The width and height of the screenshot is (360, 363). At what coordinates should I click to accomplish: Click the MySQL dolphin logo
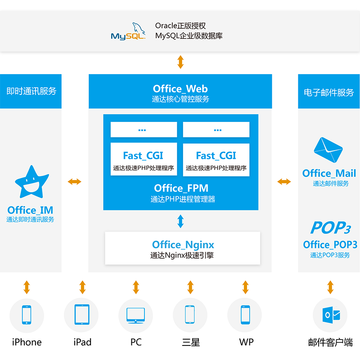coord(129,31)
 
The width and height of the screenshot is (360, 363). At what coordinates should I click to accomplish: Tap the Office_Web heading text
coord(180,89)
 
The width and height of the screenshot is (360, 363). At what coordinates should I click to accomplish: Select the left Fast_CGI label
coord(143,156)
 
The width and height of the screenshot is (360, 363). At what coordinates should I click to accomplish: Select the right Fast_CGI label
coord(216,156)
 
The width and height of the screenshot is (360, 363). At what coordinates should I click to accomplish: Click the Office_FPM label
coord(181,188)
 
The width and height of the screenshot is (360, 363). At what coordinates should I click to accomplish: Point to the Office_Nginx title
coord(183,245)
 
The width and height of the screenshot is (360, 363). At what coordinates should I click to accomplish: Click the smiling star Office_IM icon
coord(30,183)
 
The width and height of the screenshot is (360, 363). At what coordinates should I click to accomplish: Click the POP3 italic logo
coord(330,228)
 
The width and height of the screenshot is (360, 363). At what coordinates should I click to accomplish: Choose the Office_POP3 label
coord(330,245)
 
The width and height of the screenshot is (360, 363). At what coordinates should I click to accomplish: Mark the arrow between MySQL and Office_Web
coord(180,62)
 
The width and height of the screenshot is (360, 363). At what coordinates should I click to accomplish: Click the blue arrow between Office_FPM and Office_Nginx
coord(180,221)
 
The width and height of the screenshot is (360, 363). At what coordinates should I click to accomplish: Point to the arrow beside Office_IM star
coord(75,182)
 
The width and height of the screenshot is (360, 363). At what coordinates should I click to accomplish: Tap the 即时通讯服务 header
coord(31,91)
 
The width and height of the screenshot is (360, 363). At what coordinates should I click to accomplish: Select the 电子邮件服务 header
coord(329,93)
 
